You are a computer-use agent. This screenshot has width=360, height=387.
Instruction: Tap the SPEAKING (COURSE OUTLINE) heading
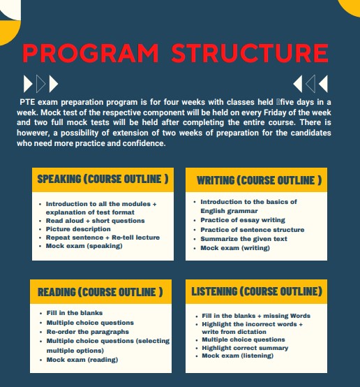point(103,179)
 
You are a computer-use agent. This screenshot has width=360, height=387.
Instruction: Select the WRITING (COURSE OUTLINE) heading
point(259,180)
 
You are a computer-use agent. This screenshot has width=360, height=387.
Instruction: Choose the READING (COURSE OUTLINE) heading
point(100,291)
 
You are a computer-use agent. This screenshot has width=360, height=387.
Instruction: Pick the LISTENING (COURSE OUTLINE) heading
point(257,291)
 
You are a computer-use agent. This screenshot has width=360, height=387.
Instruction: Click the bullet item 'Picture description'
point(79,229)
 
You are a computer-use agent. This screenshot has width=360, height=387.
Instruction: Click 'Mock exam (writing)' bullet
point(234,248)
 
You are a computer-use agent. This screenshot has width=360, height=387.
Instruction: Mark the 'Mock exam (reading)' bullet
point(82,359)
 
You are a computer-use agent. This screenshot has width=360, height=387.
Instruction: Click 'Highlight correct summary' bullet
point(244,347)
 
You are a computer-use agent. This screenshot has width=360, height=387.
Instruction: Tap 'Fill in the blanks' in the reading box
point(75,313)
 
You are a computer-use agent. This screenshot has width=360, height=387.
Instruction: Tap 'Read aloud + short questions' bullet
point(96,220)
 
